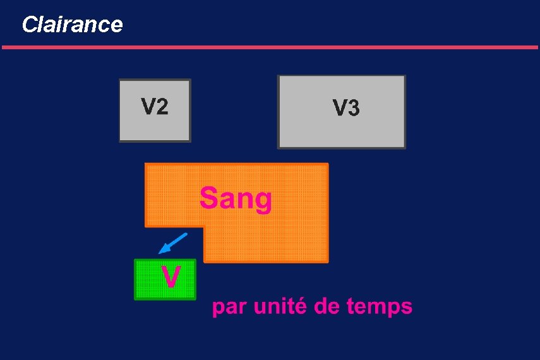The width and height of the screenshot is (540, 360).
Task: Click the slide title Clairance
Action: pyautogui.click(x=72, y=25)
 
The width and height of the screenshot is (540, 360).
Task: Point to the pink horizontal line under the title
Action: pyautogui.click(x=270, y=47)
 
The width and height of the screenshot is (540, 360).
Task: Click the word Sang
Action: pyautogui.click(x=236, y=199)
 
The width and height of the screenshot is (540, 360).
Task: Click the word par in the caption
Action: pyautogui.click(x=229, y=308)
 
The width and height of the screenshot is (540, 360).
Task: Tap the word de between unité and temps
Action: pyautogui.click(x=329, y=307)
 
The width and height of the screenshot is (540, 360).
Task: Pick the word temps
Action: pyautogui.click(x=380, y=308)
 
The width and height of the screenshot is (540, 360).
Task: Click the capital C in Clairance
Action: pyautogui.click(x=29, y=25)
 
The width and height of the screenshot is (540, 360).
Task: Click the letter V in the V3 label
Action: pyautogui.click(x=339, y=109)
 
